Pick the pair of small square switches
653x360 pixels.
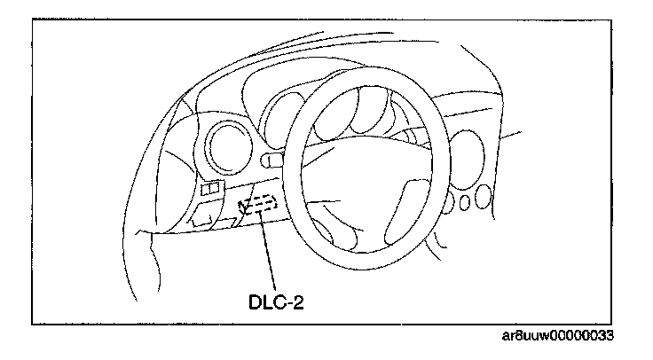tap(211, 189)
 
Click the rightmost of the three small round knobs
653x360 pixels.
tap(483, 196)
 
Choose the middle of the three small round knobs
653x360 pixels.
tap(464, 202)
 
